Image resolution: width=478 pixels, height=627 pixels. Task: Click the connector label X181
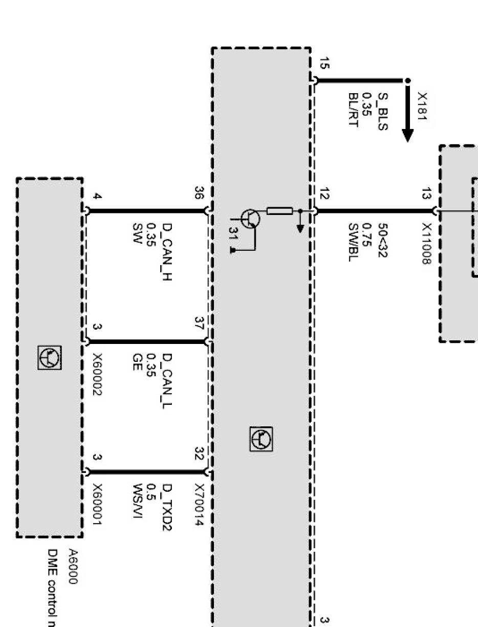point(422,106)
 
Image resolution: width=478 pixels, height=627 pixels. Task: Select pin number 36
point(199,192)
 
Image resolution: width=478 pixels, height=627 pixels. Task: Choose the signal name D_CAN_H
point(167,253)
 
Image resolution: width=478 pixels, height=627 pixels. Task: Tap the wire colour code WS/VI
point(137,502)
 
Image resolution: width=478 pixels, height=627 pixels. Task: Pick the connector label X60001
point(98,505)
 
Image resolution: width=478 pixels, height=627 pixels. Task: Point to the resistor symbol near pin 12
point(279,210)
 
